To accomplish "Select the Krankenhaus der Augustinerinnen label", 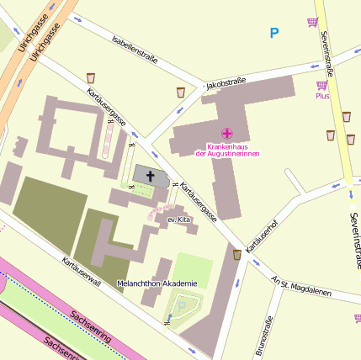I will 227,150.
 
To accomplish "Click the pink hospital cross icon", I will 227,133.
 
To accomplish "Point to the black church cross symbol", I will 151,177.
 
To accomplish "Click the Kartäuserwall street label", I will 81,272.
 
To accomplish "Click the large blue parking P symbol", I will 273,34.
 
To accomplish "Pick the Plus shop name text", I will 322,96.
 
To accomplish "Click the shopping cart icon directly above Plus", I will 322,85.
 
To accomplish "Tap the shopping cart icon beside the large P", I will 313,22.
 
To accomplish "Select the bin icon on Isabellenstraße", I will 91,78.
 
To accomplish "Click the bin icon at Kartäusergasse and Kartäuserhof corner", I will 237,254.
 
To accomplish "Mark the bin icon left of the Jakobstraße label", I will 181,92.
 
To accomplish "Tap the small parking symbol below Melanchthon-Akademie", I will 179,308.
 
